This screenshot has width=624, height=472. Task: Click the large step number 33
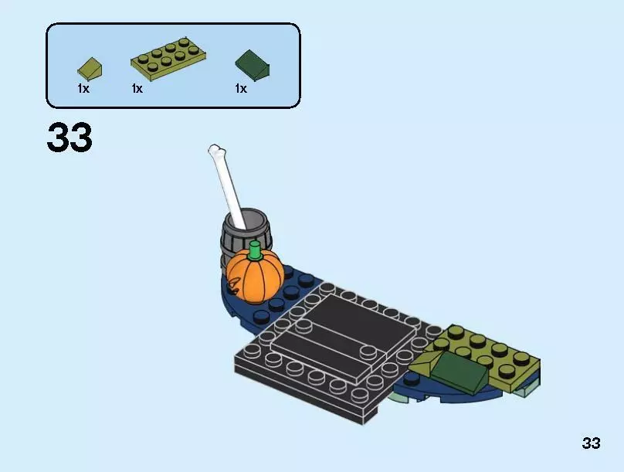pyautogui.click(x=70, y=138)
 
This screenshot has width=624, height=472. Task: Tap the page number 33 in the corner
pyautogui.click(x=591, y=443)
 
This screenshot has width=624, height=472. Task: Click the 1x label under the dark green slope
pyautogui.click(x=241, y=89)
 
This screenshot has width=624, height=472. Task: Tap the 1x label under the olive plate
pyautogui.click(x=137, y=89)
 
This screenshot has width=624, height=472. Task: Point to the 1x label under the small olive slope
pyautogui.click(x=83, y=89)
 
